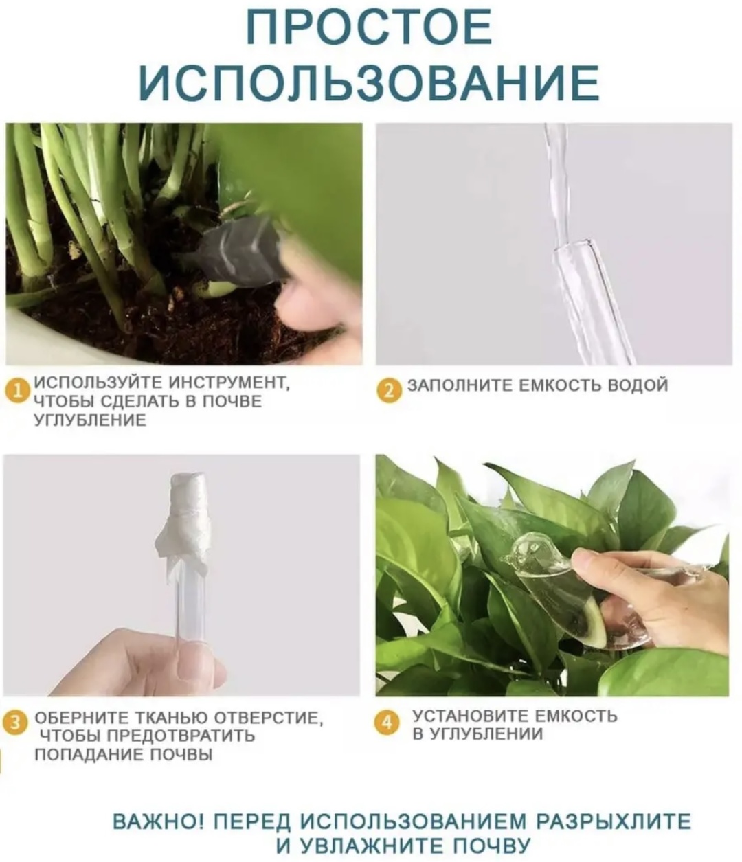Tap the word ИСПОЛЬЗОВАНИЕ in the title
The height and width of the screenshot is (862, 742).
(369, 82)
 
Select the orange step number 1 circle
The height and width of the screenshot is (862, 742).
(17, 392)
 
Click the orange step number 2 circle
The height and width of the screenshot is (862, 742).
(389, 391)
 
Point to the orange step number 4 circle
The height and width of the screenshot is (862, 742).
(387, 721)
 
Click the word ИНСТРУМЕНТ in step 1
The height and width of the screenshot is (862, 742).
(218, 383)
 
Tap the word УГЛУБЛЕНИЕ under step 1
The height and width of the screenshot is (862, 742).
(90, 420)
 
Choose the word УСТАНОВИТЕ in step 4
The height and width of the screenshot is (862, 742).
(471, 716)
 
